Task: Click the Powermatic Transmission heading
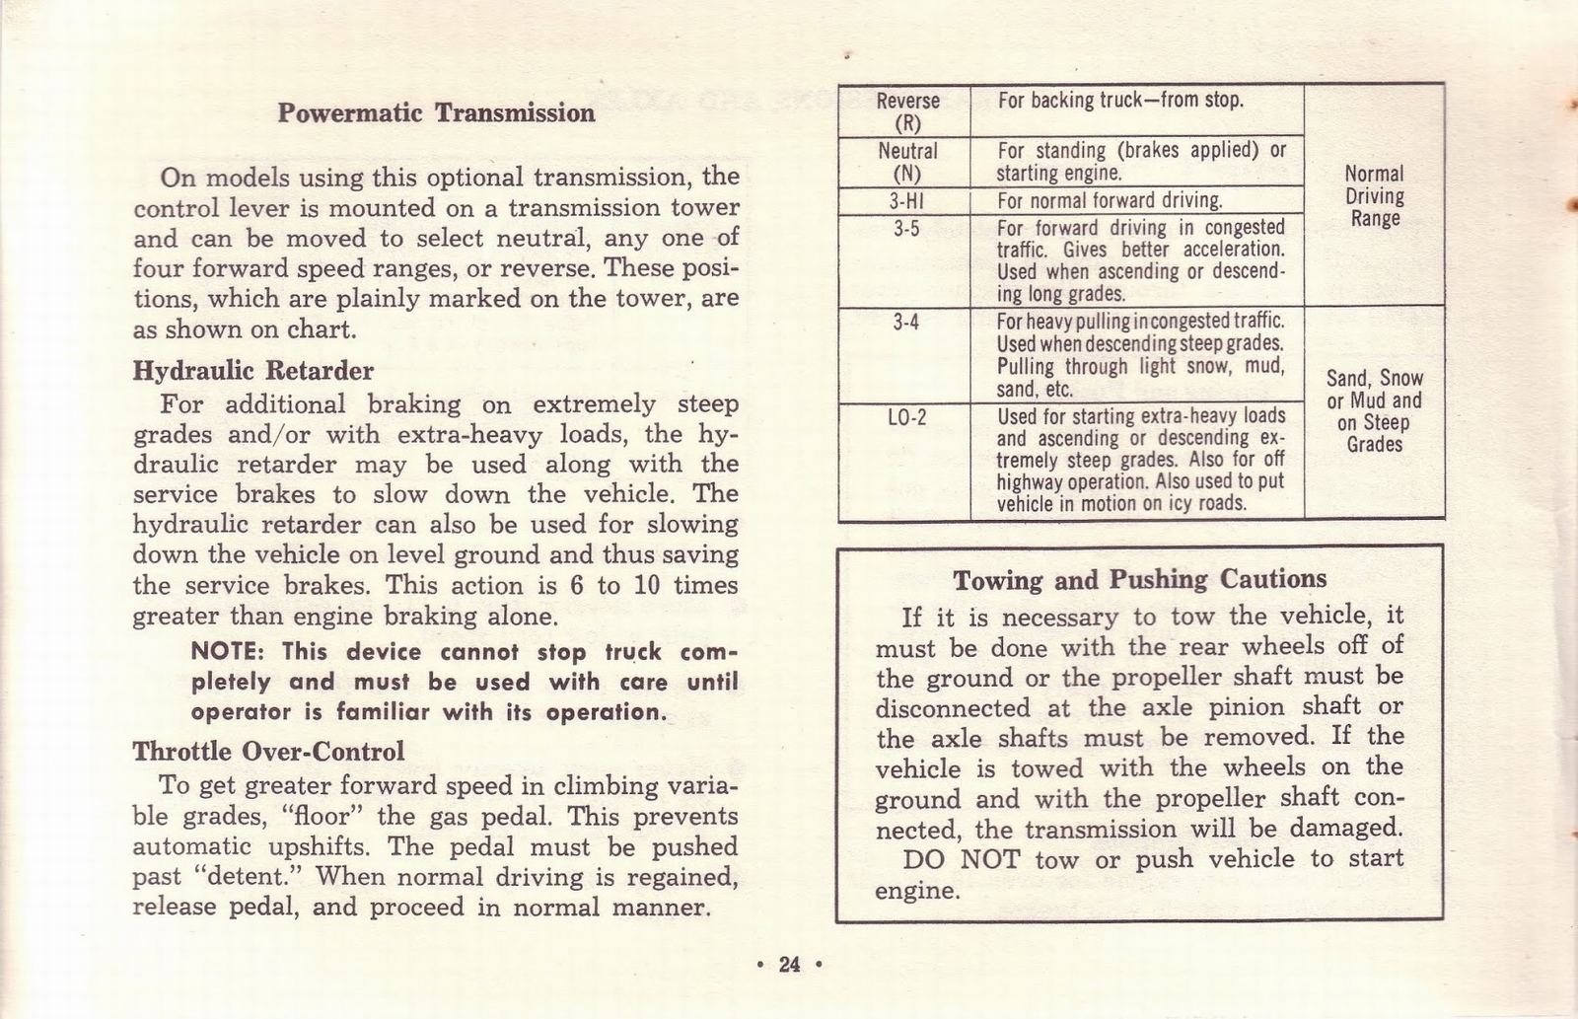[436, 112]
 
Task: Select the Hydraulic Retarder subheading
[253, 371]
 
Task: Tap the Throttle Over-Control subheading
[268, 752]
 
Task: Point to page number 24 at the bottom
[789, 965]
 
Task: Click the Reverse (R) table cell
[907, 111]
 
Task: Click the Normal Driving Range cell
[1375, 196]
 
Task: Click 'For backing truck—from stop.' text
[1120, 101]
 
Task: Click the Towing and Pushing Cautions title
[1139, 579]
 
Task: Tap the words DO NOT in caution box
[961, 859]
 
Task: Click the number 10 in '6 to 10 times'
[646, 586]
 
